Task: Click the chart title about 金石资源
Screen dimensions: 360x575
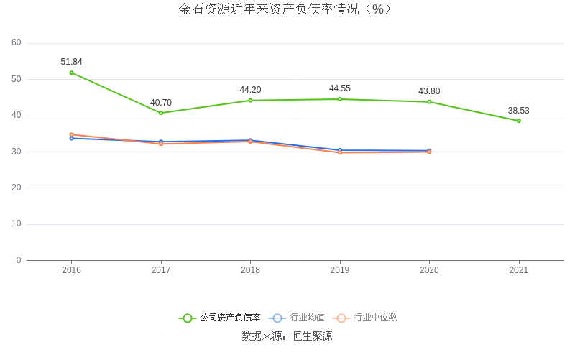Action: [x=286, y=9]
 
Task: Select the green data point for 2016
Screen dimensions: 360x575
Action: [x=71, y=73]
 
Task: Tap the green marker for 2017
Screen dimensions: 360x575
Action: [x=161, y=113]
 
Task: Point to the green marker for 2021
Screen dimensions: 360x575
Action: [x=518, y=121]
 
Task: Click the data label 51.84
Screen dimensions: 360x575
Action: [x=71, y=62]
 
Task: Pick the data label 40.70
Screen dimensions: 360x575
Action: [x=161, y=103]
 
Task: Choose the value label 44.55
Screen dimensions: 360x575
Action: [x=340, y=88]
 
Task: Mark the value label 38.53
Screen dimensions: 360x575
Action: [x=518, y=111]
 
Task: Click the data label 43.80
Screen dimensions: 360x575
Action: [x=429, y=91]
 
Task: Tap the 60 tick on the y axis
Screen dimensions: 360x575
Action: [x=17, y=43]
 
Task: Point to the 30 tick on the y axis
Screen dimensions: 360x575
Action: [x=17, y=152]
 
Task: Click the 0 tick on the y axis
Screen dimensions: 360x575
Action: [x=19, y=260]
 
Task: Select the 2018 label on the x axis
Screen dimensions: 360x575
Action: [x=250, y=270]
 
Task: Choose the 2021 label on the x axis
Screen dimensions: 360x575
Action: [x=518, y=270]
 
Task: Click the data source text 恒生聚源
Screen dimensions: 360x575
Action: [x=312, y=336]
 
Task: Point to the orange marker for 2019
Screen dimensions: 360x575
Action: [x=340, y=152]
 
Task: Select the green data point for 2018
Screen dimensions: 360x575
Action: [x=250, y=101]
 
